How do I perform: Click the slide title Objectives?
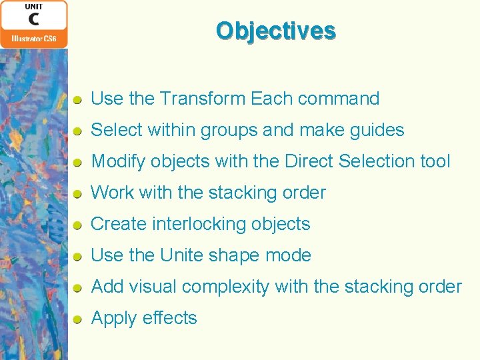pyautogui.click(x=275, y=31)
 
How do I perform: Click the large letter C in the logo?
pyautogui.click(x=34, y=19)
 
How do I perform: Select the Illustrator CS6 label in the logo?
pyautogui.click(x=34, y=39)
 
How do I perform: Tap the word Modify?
pyautogui.click(x=118, y=162)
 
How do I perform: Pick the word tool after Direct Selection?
pyautogui.click(x=434, y=161)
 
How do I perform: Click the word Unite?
pyautogui.click(x=182, y=255)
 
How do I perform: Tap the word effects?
pyautogui.click(x=169, y=318)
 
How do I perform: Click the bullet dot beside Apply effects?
pyautogui.click(x=78, y=319)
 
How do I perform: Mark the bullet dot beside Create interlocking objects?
pyautogui.click(x=78, y=225)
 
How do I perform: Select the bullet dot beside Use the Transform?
pyautogui.click(x=78, y=100)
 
